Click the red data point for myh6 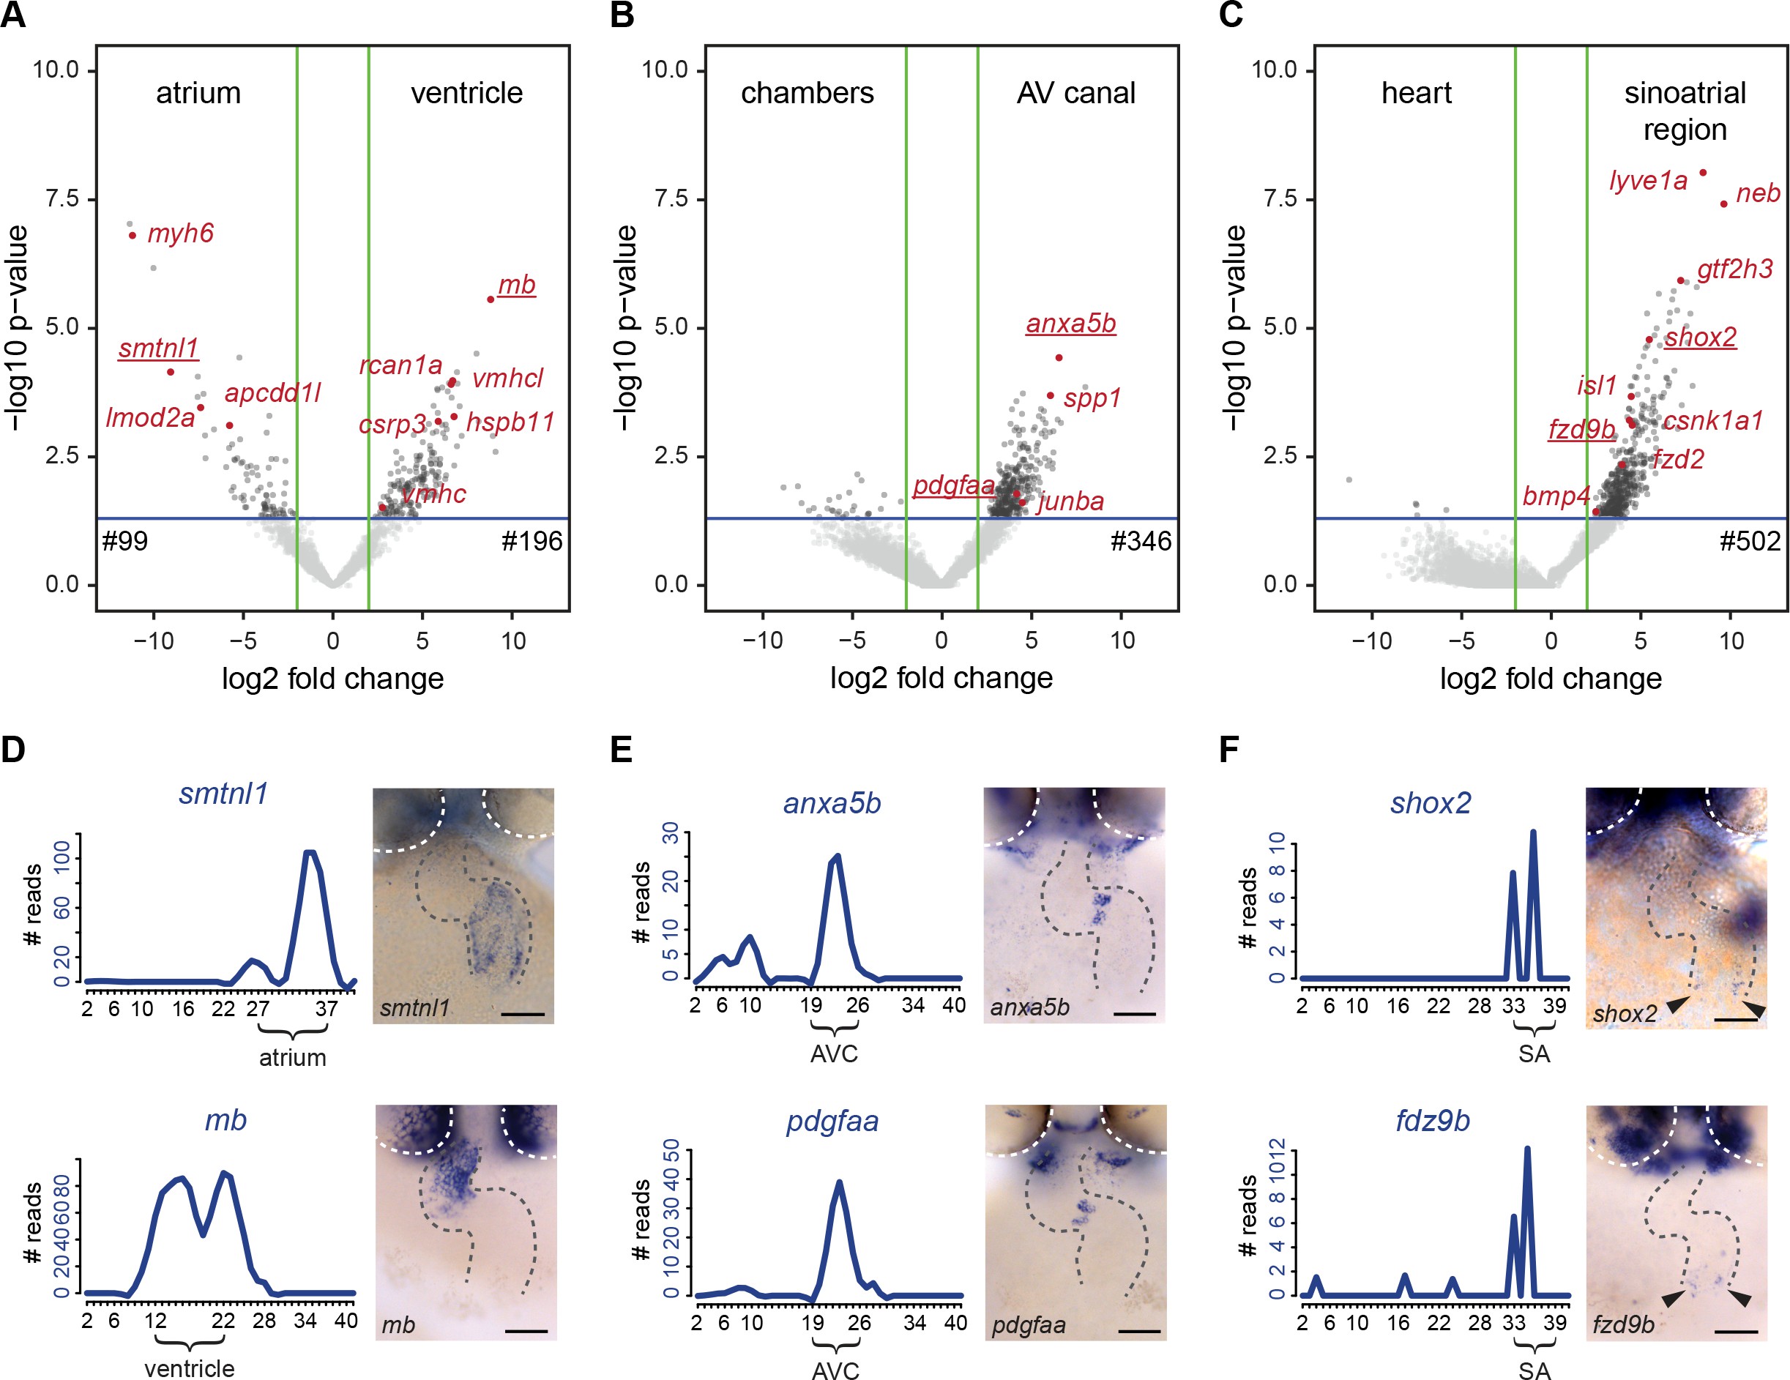[133, 236]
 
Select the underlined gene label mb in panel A [516, 286]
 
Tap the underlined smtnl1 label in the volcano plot [158, 348]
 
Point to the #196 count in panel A [532, 541]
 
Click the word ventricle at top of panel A [466, 92]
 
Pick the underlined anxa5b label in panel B [1070, 324]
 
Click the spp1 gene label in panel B [1092, 399]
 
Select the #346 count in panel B [1141, 541]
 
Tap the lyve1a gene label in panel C [1648, 180]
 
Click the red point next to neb [1724, 204]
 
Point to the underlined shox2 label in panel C [1700, 337]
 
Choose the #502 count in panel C [1750, 541]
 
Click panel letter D [13, 750]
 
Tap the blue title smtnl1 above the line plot [223, 794]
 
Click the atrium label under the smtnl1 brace [293, 1058]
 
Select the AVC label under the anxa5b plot [834, 1053]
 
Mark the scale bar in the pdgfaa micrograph [1139, 1331]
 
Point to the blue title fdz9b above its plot [1433, 1120]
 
